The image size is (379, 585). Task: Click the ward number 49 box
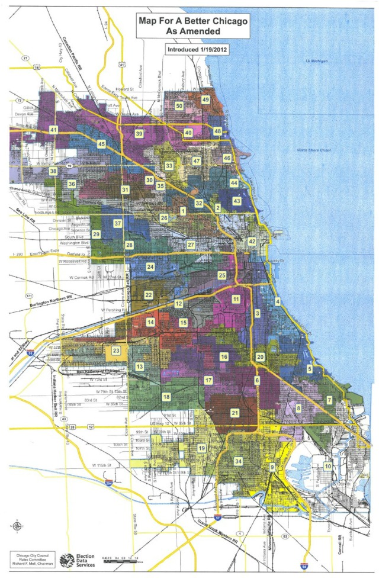(x=205, y=100)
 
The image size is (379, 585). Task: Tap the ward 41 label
(x=53, y=130)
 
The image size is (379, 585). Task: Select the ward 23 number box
(x=117, y=351)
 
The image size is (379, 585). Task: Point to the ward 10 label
(x=327, y=466)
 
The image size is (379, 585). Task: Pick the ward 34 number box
(x=238, y=461)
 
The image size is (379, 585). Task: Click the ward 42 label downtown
(x=252, y=241)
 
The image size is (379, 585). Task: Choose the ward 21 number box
(x=235, y=413)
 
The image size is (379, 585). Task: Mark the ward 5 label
(x=310, y=368)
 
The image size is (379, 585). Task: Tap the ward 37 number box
(x=118, y=223)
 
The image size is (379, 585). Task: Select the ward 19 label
(x=201, y=448)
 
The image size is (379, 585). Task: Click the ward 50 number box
(x=179, y=105)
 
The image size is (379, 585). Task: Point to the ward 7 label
(x=329, y=400)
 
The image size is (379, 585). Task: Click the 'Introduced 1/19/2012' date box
(x=196, y=50)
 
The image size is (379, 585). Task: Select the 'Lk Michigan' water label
(x=316, y=61)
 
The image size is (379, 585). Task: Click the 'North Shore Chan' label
(x=313, y=150)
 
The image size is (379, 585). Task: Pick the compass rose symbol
(x=18, y=526)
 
